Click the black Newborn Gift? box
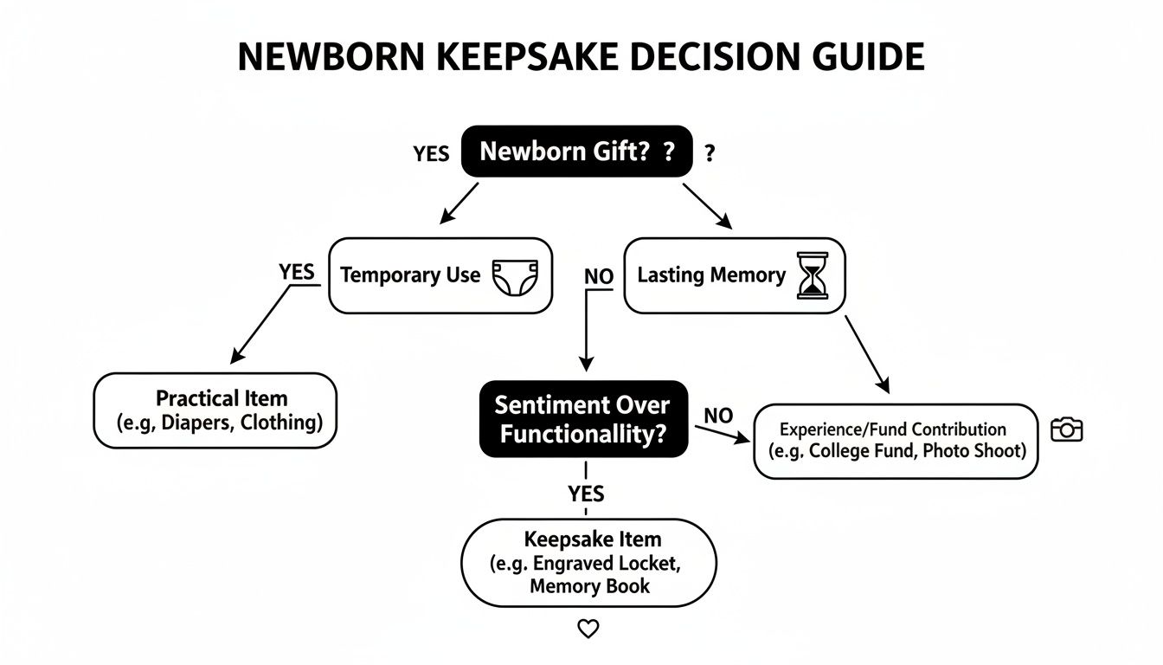tap(576, 152)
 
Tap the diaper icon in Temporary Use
tap(515, 276)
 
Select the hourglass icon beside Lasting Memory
tap(812, 276)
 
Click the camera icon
tap(1066, 429)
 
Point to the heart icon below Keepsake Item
tap(588, 629)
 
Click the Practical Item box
tap(215, 410)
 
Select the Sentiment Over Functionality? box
tap(583, 419)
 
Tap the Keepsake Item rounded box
tap(588, 563)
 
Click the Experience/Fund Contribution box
tap(895, 441)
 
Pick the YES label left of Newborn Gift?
tap(431, 154)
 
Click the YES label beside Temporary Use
tap(297, 272)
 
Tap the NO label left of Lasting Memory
tap(599, 277)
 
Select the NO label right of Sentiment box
tap(718, 416)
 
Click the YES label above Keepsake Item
tap(586, 494)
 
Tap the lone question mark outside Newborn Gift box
tap(710, 154)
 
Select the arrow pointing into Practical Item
tap(260, 325)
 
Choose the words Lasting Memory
tap(711, 275)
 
